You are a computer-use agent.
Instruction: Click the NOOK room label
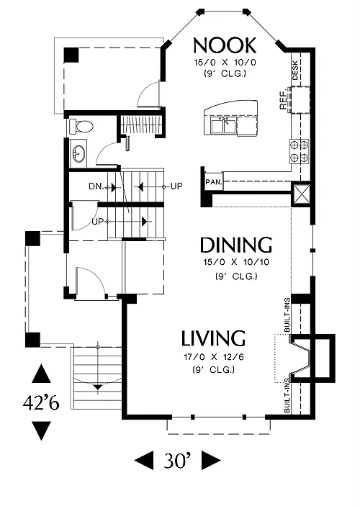point(225,45)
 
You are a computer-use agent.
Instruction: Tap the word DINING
point(236,245)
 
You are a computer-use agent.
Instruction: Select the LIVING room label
point(213,338)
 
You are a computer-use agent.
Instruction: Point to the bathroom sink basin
point(78,153)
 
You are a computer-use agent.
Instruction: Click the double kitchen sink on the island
point(223,125)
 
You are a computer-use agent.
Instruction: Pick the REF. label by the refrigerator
point(283,99)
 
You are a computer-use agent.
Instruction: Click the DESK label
point(295,71)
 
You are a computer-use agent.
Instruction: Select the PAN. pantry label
point(214,182)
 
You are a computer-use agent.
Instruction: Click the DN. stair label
point(96,186)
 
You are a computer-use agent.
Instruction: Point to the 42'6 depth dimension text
point(41,402)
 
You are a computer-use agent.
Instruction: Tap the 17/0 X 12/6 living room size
point(213,357)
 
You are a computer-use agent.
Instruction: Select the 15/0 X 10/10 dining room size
point(236,262)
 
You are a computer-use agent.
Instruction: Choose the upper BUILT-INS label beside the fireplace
point(287,315)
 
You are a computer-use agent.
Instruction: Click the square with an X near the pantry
point(301,195)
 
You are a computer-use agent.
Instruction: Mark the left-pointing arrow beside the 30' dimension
point(144,461)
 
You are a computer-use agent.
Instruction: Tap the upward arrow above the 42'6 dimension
point(41,374)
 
